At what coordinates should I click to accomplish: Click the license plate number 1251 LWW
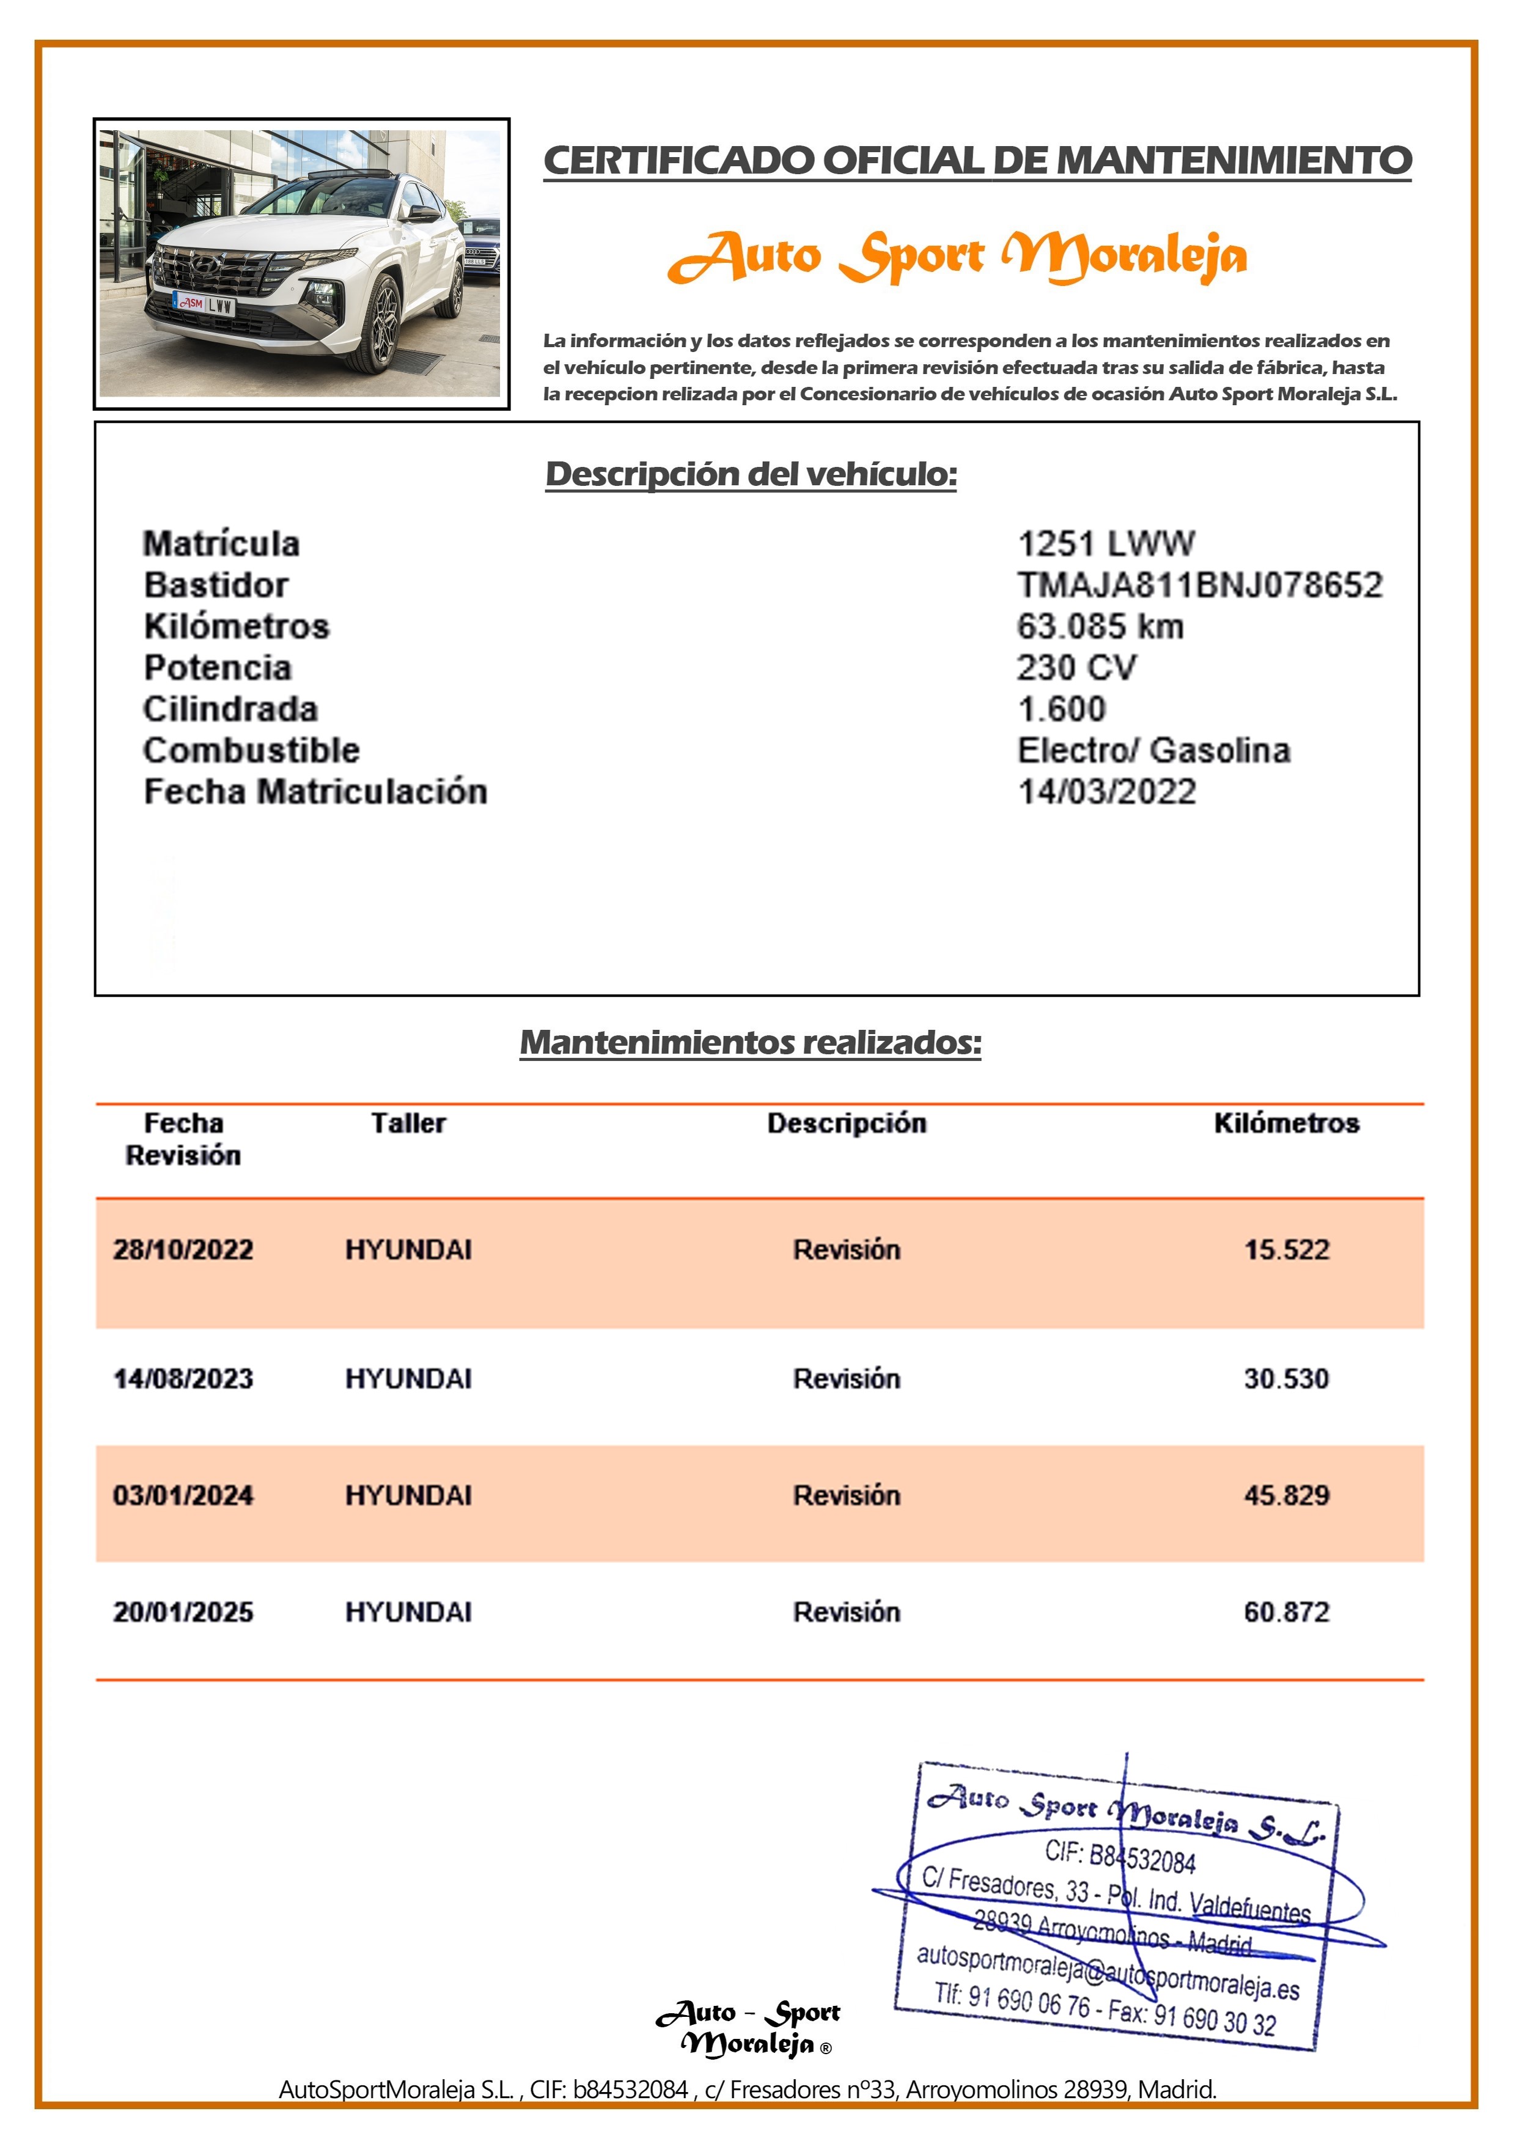pyautogui.click(x=1105, y=543)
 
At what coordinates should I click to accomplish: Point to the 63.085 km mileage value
pyautogui.click(x=1099, y=626)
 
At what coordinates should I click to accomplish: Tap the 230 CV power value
pyautogui.click(x=1076, y=667)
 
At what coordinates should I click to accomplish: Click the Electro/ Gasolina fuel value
pyautogui.click(x=1153, y=750)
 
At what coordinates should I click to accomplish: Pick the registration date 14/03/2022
pyautogui.click(x=1106, y=792)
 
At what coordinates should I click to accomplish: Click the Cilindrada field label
pyautogui.click(x=230, y=709)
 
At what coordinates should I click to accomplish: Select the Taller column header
pyautogui.click(x=408, y=1123)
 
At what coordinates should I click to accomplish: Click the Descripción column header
pyautogui.click(x=846, y=1123)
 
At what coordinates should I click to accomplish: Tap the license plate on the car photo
pyautogui.click(x=204, y=304)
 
